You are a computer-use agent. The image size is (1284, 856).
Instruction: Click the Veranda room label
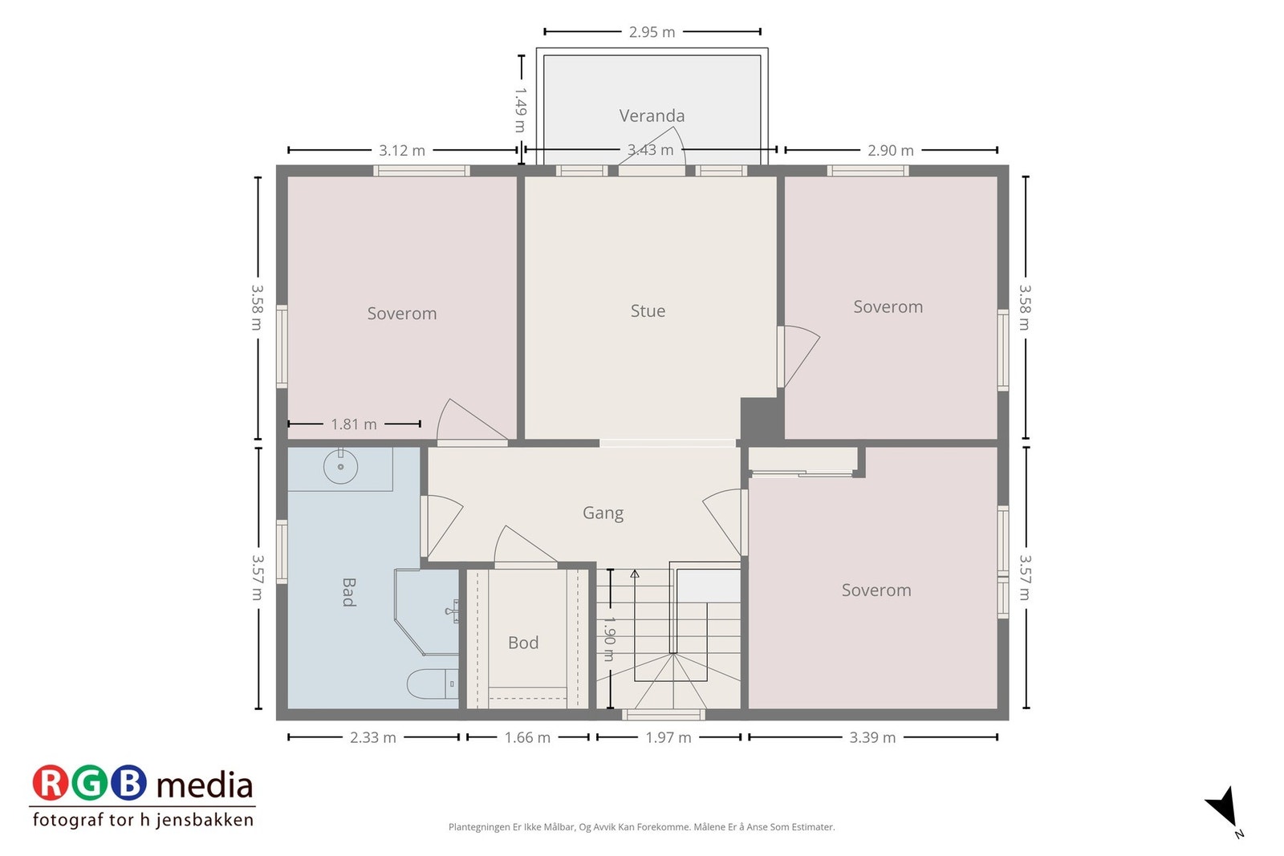tap(652, 116)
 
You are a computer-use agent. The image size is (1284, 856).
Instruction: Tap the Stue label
tap(648, 310)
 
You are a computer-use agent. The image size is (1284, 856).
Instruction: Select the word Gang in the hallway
tap(603, 513)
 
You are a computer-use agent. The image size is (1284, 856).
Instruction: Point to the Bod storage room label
tap(523, 643)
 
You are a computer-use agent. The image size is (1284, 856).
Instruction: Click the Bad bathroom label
tap(348, 592)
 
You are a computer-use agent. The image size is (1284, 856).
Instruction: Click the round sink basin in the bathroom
tap(340, 466)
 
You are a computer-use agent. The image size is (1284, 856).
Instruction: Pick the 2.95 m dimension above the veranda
tap(652, 32)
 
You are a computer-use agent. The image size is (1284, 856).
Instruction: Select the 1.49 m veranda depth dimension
tap(521, 109)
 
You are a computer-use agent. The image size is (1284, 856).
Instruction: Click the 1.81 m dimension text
tap(354, 424)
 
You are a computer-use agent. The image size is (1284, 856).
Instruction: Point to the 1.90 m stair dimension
tap(609, 639)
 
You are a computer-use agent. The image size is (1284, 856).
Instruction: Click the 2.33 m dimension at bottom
tap(373, 737)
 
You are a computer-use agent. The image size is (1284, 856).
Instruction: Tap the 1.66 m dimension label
tap(527, 737)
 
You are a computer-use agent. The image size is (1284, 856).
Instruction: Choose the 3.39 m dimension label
tap(872, 737)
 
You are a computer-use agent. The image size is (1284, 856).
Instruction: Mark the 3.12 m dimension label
tap(402, 151)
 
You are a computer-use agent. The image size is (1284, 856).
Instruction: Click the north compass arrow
tap(1223, 807)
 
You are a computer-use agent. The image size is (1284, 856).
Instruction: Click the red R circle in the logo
tap(51, 783)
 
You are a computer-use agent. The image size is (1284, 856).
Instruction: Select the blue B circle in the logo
tap(128, 783)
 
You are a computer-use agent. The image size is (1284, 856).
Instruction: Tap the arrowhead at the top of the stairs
tap(635, 574)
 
